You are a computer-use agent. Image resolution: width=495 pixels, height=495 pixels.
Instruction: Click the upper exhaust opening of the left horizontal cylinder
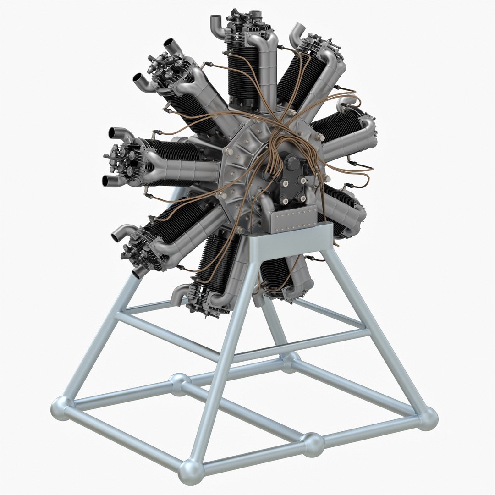[x=114, y=133]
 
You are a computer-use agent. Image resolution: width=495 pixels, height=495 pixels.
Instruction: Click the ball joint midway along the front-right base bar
[x=313, y=444]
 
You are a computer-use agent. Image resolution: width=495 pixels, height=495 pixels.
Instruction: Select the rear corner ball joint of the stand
[x=290, y=361]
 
